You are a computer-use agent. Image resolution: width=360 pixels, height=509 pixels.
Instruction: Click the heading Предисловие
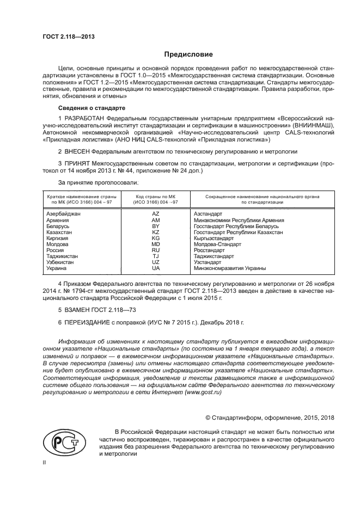click(189, 54)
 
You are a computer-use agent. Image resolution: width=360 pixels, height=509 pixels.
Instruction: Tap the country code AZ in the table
click(156, 214)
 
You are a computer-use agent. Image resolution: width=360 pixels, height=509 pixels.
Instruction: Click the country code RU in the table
click(156, 250)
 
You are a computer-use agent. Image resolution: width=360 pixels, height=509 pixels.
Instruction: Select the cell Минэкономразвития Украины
click(229, 268)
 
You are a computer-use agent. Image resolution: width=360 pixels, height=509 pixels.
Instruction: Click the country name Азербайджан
click(63, 214)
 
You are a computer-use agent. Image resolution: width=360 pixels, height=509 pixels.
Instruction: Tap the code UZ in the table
click(156, 262)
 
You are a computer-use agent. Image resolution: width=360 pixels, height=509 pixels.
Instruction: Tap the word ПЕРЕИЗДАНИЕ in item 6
click(88, 323)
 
